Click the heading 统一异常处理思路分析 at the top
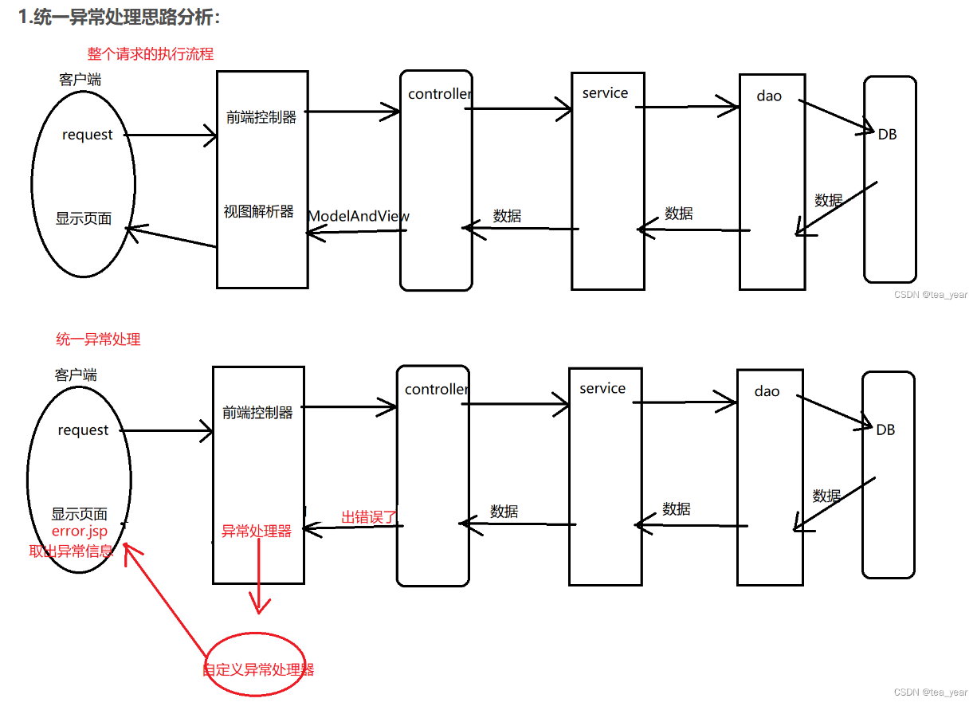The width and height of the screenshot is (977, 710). point(120,18)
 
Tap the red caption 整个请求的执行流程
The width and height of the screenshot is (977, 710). point(151,54)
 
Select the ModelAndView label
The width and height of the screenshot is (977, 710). point(359,216)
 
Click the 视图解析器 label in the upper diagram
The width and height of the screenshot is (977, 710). point(259,212)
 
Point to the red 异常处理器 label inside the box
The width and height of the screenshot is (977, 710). point(257,531)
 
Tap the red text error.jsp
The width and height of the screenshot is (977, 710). point(80,531)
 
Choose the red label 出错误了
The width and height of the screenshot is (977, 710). point(369,517)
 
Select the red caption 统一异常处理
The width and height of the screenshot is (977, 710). point(98,339)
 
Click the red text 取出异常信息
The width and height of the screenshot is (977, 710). point(71,550)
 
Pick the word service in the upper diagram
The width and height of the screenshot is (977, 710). point(605,93)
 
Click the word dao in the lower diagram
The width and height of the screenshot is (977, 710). point(767,391)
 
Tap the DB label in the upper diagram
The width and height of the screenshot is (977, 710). point(887,135)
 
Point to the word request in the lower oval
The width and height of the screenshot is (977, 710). point(83,430)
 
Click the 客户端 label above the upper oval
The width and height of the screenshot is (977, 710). point(80,80)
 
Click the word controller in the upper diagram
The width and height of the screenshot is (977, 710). point(440,94)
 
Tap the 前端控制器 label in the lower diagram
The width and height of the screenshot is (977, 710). point(258,413)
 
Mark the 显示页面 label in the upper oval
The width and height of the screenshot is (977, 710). point(84,218)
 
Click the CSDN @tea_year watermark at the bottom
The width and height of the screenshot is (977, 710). point(930,692)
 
